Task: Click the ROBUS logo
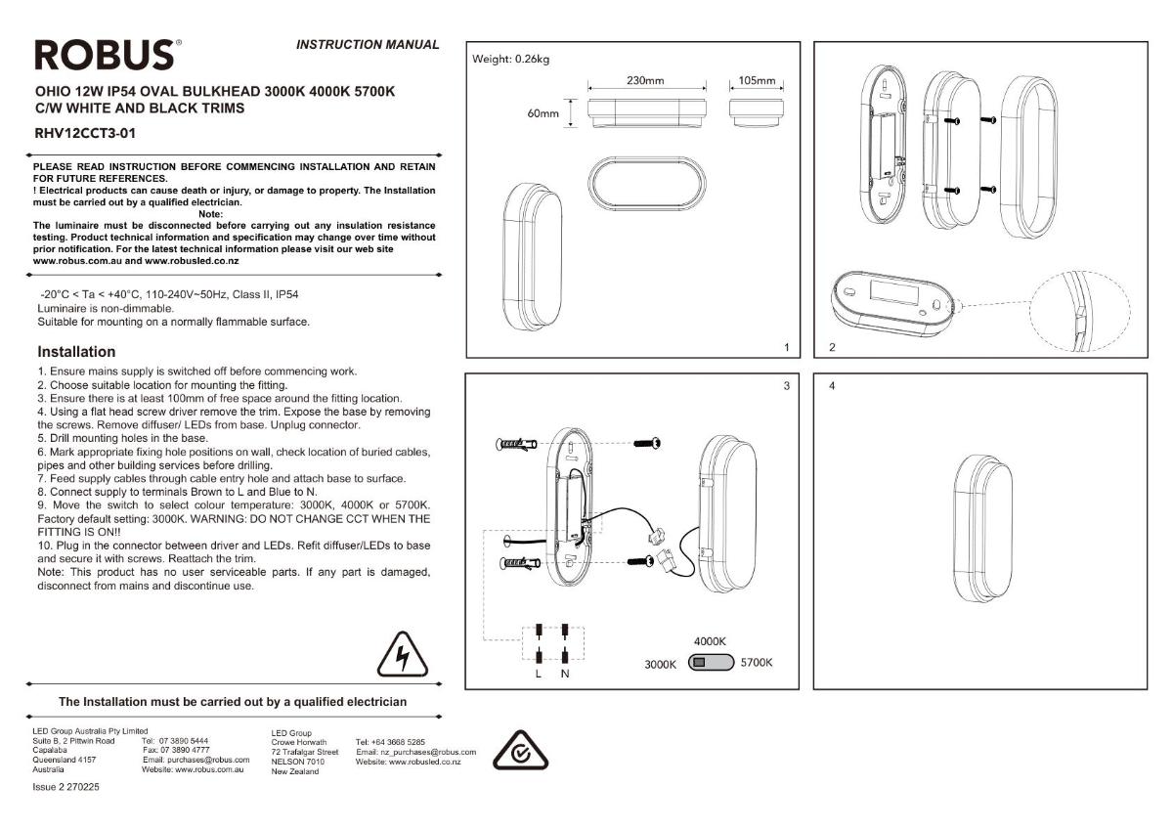click(x=108, y=55)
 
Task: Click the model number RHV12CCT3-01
click(x=85, y=134)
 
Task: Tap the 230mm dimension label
click(x=645, y=80)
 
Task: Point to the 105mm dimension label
click(x=757, y=80)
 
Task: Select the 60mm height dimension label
click(x=543, y=113)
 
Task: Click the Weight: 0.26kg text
click(x=510, y=60)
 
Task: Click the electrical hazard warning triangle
click(x=402, y=655)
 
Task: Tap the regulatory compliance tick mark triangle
click(x=520, y=751)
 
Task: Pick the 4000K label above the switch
click(x=710, y=641)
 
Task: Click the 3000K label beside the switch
click(x=660, y=665)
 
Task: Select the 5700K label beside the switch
click(x=757, y=663)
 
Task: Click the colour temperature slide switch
click(x=711, y=663)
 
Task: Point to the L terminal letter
click(x=539, y=674)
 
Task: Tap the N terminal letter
click(x=565, y=674)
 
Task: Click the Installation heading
click(x=76, y=351)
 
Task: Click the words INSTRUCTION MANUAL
click(x=368, y=45)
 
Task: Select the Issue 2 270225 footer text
click(x=65, y=787)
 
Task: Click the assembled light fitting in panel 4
click(x=982, y=528)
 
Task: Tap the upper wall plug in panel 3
click(x=516, y=445)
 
